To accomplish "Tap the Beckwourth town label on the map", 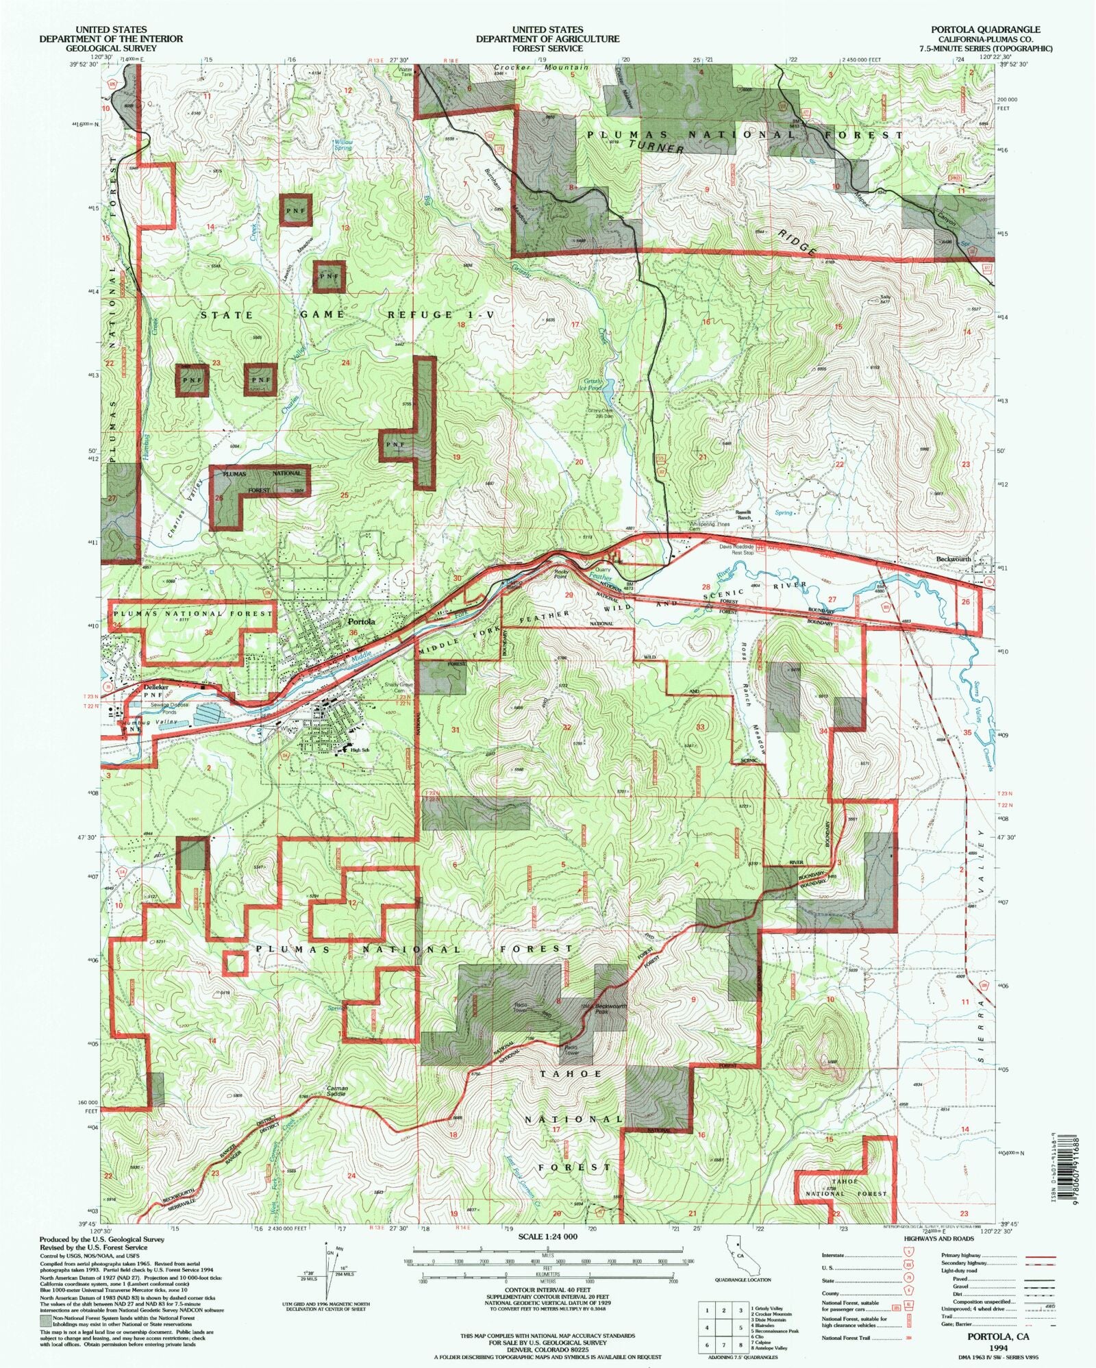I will coord(954,559).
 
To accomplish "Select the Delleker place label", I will coord(155,687).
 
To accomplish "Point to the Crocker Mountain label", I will coord(541,69).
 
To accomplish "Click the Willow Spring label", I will coord(342,145).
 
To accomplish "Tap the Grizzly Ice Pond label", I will coord(593,384).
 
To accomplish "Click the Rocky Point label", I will coord(562,573).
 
